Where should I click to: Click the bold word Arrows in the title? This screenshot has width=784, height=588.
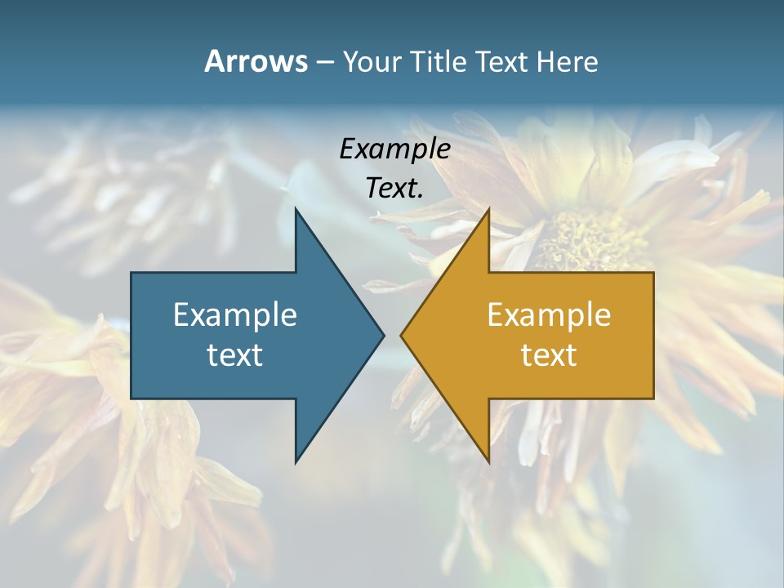tap(256, 61)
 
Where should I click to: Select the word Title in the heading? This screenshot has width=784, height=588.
tap(440, 62)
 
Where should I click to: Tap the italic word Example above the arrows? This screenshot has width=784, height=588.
tap(395, 149)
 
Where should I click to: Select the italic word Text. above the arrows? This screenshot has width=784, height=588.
tap(395, 188)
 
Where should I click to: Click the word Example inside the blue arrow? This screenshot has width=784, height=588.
tap(235, 315)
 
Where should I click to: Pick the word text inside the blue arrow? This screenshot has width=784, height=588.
tap(235, 355)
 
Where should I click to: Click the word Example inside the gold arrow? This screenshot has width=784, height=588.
tap(549, 315)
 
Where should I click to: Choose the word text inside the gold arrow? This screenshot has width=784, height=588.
tap(549, 355)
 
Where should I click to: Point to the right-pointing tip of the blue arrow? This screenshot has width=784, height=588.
tap(384, 335)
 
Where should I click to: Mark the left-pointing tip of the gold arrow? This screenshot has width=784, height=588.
tap(401, 335)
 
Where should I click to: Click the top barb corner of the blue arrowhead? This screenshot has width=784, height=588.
tap(296, 208)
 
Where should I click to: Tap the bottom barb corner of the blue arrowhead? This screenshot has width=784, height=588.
tap(296, 462)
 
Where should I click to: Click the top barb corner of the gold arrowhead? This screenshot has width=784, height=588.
tap(488, 208)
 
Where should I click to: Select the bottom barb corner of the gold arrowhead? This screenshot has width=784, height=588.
tap(488, 462)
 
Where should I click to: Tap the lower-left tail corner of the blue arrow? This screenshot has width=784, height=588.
tap(131, 398)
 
